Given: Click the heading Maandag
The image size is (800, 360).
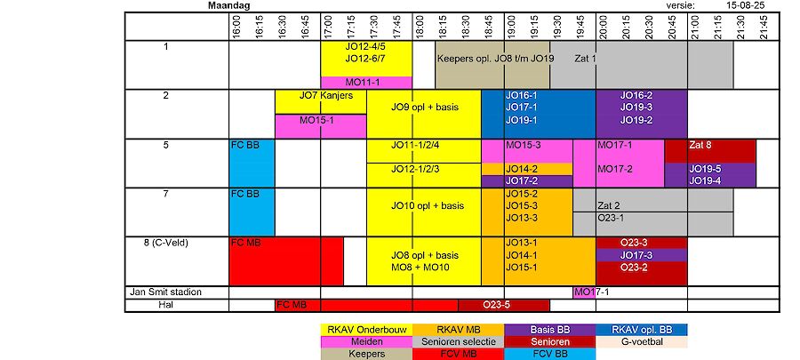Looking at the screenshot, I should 228,5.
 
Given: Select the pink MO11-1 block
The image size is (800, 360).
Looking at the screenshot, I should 365,82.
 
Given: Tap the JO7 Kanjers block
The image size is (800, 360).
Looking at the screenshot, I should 321,95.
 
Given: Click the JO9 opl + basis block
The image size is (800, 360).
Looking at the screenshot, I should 424,108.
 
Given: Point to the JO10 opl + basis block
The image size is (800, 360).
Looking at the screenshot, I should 424,205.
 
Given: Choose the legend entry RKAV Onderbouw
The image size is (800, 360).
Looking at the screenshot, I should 365,329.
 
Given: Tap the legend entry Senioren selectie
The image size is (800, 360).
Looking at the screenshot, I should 458,341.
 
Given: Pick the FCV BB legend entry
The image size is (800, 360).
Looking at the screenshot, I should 550,353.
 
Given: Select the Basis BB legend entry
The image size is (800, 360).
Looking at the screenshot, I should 550,329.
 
